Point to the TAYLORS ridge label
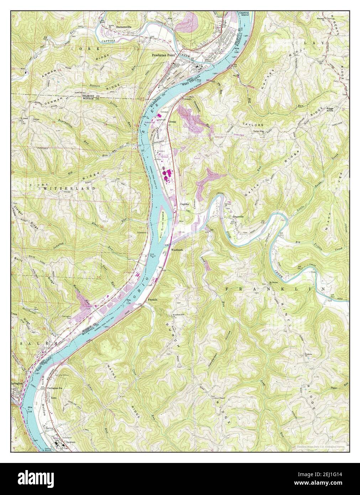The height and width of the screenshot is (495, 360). (x=263, y=125)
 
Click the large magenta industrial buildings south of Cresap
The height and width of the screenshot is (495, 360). (x=167, y=176)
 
